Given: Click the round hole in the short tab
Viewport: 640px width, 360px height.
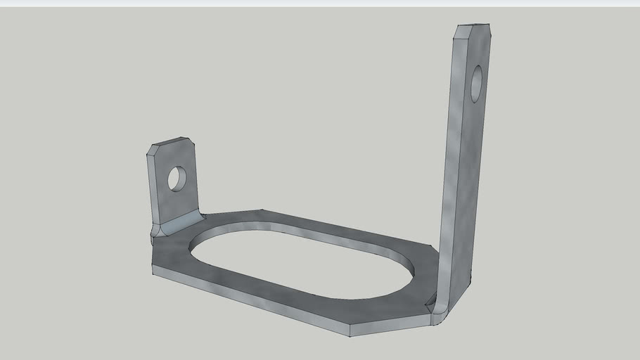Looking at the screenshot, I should [177, 179].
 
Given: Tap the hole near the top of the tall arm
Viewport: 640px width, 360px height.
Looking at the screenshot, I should [476, 84].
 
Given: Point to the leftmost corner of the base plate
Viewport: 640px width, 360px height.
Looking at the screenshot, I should [153, 271].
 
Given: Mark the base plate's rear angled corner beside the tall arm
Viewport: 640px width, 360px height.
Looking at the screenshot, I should [430, 247].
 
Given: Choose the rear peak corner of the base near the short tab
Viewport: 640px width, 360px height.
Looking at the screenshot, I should [262, 210].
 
